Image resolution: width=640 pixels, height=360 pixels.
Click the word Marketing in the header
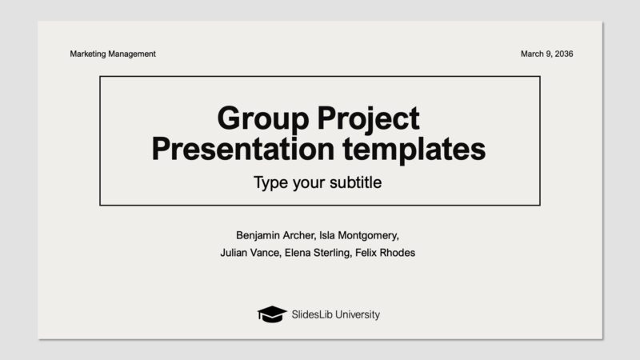[89, 54]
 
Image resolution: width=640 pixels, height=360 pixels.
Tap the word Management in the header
[133, 54]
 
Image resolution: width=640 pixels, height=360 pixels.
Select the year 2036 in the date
[563, 54]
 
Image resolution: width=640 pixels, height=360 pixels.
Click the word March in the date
[533, 54]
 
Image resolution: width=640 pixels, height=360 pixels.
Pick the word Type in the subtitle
[270, 182]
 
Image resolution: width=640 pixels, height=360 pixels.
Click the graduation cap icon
[271, 314]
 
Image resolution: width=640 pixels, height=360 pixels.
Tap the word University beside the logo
[357, 314]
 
